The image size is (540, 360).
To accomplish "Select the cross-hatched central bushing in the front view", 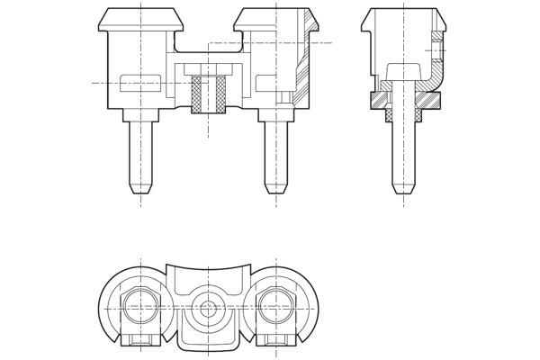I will [208, 94].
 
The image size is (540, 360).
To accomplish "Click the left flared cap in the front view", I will [140, 19].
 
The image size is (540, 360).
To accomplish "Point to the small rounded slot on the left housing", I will [140, 83].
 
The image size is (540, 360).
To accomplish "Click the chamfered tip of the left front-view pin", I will [140, 188].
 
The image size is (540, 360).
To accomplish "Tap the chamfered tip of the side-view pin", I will [403, 188].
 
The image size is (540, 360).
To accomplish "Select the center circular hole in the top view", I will [208, 309].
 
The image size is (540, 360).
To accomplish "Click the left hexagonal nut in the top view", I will [140, 306].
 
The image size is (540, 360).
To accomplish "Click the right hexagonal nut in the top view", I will [276, 306].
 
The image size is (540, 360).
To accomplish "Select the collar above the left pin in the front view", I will [140, 114].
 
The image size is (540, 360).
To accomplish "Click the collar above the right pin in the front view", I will [276, 114].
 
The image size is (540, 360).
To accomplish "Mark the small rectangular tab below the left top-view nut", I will [140, 339].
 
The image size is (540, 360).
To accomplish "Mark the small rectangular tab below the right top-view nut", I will [276, 339].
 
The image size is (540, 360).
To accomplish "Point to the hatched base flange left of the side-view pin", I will [378, 100].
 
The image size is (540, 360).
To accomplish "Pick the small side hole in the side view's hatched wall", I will [436, 50].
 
